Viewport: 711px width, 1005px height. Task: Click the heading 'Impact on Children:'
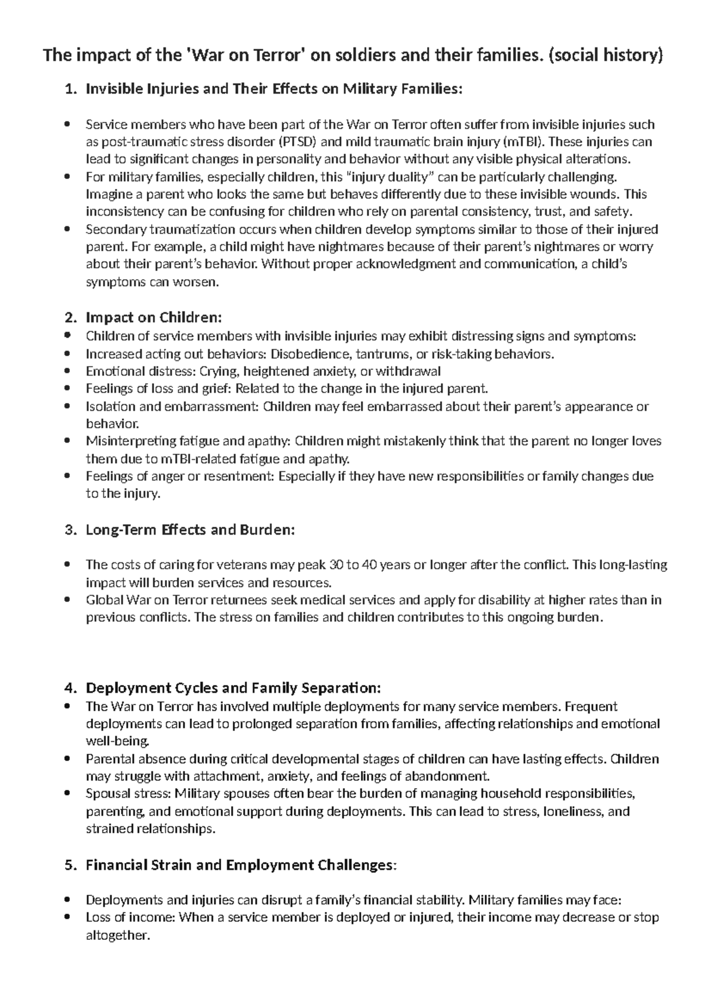[153, 318]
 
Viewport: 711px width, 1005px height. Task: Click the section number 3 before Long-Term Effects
[69, 530]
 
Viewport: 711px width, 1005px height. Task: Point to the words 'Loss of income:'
[130, 918]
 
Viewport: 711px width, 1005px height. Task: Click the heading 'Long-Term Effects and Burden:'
[190, 530]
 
